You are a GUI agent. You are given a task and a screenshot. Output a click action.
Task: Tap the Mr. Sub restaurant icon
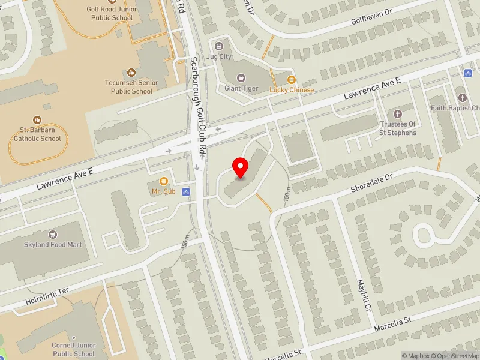(x=163, y=182)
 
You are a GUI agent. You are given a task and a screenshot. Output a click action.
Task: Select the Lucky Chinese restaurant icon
(x=292, y=80)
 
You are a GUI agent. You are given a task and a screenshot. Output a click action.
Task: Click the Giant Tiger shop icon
(x=241, y=78)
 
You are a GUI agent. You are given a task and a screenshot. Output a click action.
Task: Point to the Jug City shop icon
(x=218, y=46)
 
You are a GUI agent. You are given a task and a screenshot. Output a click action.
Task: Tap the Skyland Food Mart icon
(x=53, y=234)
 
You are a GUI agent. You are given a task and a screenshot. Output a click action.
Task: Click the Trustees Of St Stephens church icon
(x=397, y=113)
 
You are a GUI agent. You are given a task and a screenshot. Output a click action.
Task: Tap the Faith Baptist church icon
(x=462, y=98)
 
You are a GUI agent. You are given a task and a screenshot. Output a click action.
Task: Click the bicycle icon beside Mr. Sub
(x=187, y=193)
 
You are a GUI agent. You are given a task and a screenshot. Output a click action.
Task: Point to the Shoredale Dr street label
(x=371, y=182)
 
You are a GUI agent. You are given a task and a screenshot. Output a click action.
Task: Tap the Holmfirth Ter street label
(x=47, y=295)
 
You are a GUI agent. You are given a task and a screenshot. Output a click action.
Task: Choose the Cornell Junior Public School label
(x=74, y=350)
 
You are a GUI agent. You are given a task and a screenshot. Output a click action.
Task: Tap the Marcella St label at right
(x=393, y=325)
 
